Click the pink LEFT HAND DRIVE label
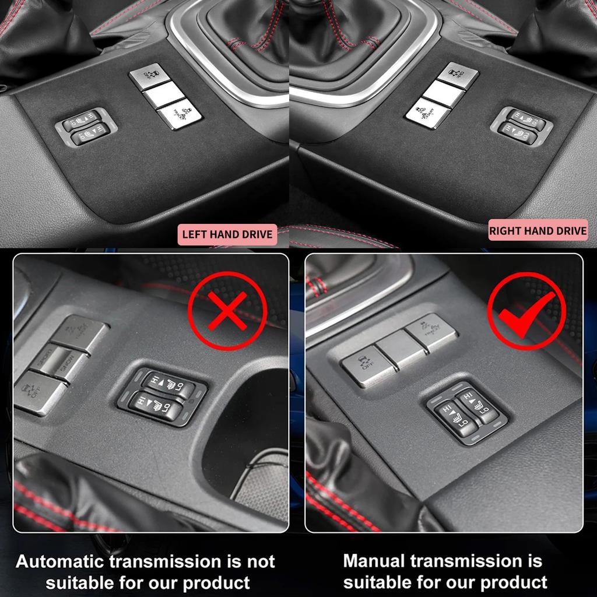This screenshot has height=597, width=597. [227, 234]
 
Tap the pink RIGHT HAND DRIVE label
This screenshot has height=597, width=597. [538, 231]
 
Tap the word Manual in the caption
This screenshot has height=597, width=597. [374, 561]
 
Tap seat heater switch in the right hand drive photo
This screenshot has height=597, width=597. [522, 124]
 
